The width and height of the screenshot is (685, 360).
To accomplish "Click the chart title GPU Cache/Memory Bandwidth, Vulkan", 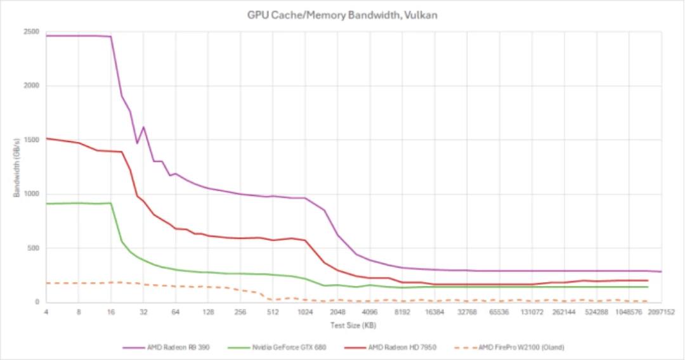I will click(x=342, y=15).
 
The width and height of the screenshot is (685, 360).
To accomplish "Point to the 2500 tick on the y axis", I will click(x=31, y=32).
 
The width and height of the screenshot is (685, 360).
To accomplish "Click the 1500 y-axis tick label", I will click(x=31, y=140).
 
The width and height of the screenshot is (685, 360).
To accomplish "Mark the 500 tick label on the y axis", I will click(x=34, y=248).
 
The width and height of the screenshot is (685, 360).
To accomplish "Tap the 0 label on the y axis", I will click(x=37, y=302).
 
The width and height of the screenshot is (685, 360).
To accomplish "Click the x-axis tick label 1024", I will click(x=305, y=312).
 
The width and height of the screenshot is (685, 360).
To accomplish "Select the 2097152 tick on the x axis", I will click(x=662, y=312).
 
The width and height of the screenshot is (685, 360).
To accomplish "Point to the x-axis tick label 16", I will click(x=111, y=312).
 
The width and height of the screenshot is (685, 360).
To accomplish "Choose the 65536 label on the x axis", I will click(x=499, y=312).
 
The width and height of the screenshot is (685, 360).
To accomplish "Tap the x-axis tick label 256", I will click(x=240, y=312).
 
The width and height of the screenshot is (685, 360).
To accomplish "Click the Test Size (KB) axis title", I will click(x=353, y=325).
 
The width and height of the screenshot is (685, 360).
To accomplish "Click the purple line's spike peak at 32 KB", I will click(x=143, y=127).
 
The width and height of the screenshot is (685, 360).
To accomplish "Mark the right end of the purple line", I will click(x=662, y=272).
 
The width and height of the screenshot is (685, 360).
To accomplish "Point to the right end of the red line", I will click(x=648, y=280).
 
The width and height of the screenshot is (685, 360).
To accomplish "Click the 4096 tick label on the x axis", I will click(x=370, y=312).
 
